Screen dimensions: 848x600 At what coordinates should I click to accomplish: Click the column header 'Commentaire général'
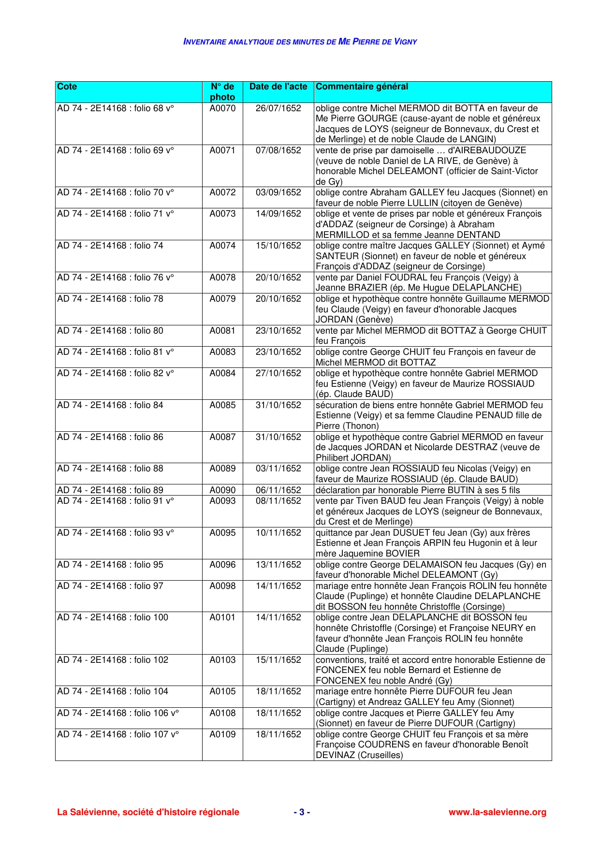362,87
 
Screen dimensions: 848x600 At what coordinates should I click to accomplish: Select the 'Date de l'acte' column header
278,87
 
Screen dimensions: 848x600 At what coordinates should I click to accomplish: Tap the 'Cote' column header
67,87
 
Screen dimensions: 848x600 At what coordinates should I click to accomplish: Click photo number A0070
222,108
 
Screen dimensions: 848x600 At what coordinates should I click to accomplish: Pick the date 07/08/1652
278,150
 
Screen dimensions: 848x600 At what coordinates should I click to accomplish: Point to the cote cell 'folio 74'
110,246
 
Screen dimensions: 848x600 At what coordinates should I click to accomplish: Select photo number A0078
222,278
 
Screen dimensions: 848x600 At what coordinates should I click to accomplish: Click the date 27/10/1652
278,373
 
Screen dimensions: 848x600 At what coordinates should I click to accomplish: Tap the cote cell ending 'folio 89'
110,490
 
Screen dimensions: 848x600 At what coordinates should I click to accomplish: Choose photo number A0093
222,501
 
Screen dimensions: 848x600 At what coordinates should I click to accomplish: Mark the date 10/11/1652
278,533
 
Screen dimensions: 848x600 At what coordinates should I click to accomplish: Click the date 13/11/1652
278,565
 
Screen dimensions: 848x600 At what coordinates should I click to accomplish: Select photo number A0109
222,734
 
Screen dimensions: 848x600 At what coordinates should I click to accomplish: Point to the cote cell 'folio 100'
113,617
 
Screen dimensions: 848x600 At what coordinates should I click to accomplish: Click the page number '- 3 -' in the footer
302,812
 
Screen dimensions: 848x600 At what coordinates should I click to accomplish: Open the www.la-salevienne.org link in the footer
497,812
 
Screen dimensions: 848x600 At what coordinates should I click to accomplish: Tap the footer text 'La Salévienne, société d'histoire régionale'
148,812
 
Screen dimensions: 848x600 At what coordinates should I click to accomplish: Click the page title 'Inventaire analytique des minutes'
300,42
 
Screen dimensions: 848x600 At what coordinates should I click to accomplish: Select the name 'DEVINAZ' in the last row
336,755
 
